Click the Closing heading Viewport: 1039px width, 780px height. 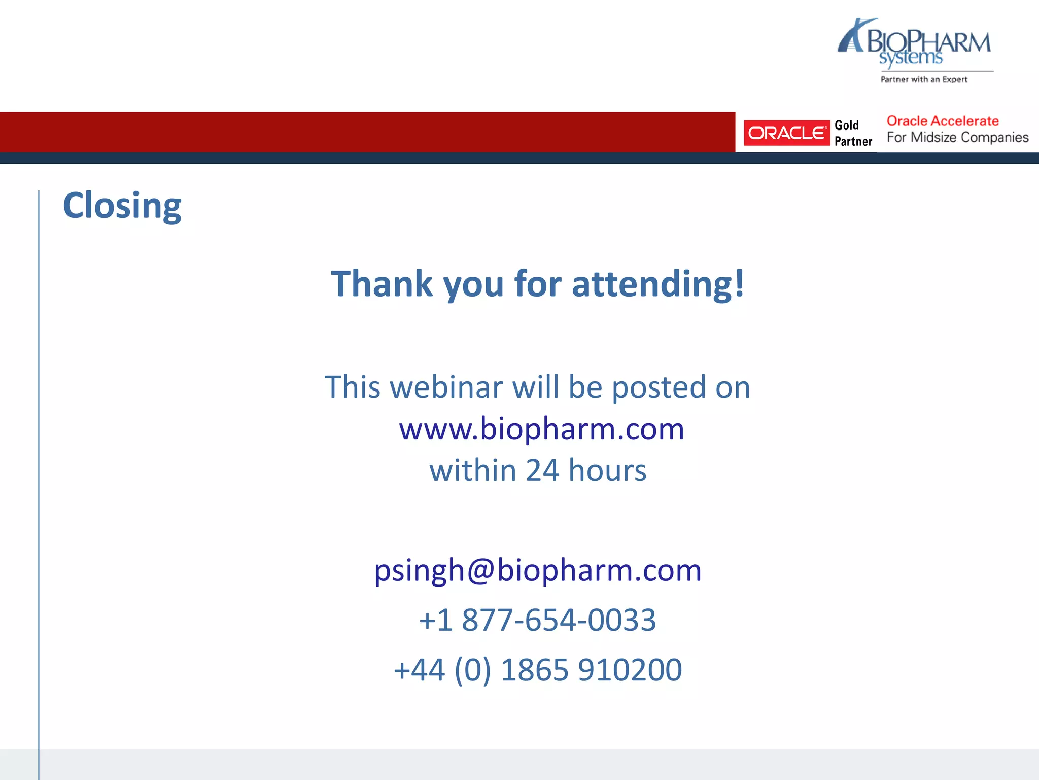pyautogui.click(x=122, y=206)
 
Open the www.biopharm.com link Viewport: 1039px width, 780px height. pyautogui.click(x=541, y=429)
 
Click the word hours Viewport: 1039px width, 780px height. pyautogui.click(x=607, y=470)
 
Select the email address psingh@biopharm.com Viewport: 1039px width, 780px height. pyautogui.click(x=538, y=570)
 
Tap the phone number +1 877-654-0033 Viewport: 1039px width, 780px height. pyautogui.click(x=537, y=620)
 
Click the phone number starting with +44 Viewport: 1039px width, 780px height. pyautogui.click(x=538, y=669)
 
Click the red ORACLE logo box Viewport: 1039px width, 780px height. pyautogui.click(x=786, y=133)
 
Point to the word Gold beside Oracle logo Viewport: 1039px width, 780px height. pyautogui.click(x=847, y=125)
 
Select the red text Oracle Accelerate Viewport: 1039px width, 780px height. pyautogui.click(x=943, y=121)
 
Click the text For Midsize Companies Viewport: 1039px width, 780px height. pyautogui.click(x=957, y=137)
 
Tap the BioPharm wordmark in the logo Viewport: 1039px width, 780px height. pyautogui.click(x=928, y=42)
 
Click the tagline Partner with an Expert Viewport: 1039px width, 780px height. pyautogui.click(x=924, y=79)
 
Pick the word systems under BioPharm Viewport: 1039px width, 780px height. pyautogui.click(x=911, y=58)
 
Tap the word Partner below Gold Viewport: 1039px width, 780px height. pyautogui.click(x=853, y=141)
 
